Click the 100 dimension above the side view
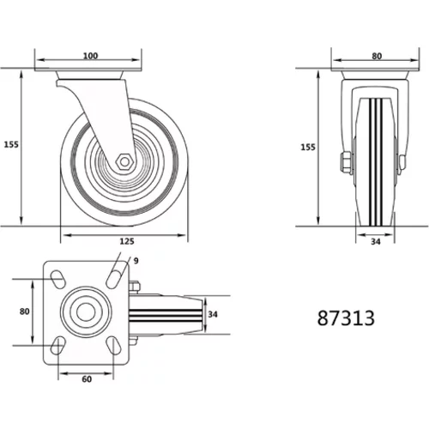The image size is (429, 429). (90, 56)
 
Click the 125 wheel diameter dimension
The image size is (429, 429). (127, 241)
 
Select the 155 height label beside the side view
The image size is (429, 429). (11, 145)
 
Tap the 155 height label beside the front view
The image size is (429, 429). (308, 148)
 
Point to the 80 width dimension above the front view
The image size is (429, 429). (377, 57)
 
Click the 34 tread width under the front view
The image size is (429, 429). (376, 242)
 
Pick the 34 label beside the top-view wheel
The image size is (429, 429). (213, 314)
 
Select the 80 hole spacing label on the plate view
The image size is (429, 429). (25, 311)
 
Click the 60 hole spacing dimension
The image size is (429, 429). (87, 379)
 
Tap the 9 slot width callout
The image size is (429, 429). (136, 261)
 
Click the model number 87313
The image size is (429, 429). (346, 318)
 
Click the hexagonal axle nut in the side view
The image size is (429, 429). (124, 161)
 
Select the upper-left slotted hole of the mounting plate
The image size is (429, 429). (57, 278)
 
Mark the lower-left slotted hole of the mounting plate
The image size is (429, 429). (57, 345)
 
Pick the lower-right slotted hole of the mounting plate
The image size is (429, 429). (113, 345)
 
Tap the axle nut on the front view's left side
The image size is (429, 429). (346, 162)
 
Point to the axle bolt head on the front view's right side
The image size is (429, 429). (402, 162)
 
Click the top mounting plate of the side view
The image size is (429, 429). (88, 69)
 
